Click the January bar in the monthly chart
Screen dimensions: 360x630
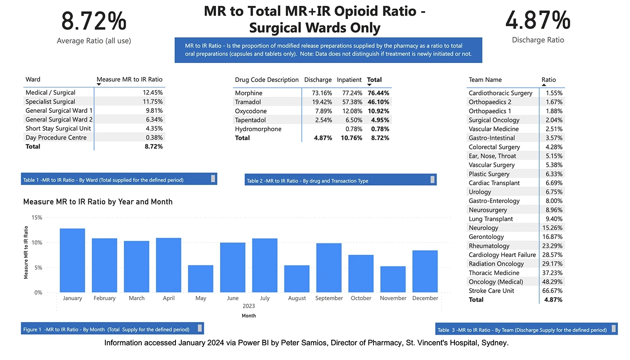point(72,261)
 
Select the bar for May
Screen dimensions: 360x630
point(201,279)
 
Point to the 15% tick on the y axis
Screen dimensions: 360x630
point(37,217)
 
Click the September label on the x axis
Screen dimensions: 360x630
point(329,298)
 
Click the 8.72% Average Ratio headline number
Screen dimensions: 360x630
point(94,21)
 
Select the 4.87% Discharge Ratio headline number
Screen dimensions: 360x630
point(538,20)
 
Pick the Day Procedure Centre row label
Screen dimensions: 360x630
point(56,138)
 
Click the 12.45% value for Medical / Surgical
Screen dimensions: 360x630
point(152,93)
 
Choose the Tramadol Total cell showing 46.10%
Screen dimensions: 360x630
point(378,102)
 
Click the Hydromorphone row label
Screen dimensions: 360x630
point(258,129)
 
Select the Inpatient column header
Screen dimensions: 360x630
point(349,80)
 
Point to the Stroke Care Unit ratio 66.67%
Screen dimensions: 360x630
point(553,291)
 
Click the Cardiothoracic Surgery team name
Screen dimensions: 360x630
point(500,93)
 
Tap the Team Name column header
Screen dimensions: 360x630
point(485,80)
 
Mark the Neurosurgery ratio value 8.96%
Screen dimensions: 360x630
point(553,210)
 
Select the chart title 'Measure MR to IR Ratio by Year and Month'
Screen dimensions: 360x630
point(98,202)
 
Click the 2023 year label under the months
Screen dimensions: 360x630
point(249,306)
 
